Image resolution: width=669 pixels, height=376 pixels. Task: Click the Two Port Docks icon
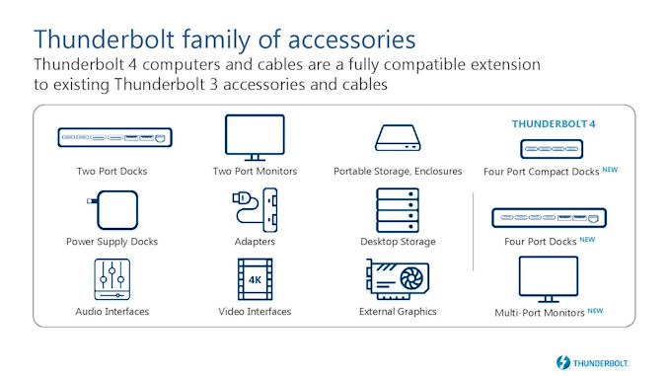[112, 135]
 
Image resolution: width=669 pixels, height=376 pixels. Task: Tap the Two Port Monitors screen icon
[254, 134]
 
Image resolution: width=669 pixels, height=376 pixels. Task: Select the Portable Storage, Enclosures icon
[398, 137]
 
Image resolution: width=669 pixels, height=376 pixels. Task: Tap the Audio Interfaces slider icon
[112, 279]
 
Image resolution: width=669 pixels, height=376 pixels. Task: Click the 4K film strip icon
[254, 279]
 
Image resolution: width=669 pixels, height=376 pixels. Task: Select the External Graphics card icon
[398, 280]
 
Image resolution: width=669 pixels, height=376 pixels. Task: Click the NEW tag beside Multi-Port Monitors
[595, 310]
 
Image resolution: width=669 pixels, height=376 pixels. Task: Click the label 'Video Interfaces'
[255, 312]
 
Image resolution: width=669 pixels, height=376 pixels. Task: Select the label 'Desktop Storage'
[398, 241]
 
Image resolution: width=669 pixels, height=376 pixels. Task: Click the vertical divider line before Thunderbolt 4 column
[474, 227]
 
